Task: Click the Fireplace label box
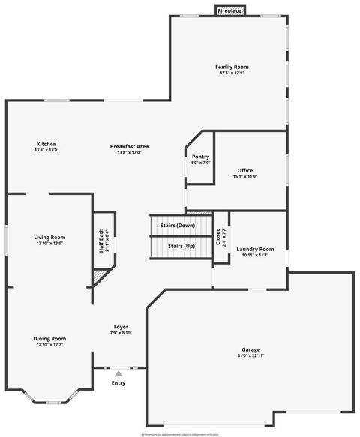coord(229,11)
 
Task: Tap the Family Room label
coord(234,67)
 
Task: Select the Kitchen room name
coord(46,144)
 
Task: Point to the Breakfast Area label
coord(129,146)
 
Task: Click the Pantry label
coord(200,157)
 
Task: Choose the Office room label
coord(245,170)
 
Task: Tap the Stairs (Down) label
coord(177,226)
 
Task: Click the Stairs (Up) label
coord(181,246)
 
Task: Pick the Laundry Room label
coord(255,249)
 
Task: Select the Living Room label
coord(50,238)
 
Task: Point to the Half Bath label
coord(101,241)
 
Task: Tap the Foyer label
coord(121,327)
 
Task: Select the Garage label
coord(250,349)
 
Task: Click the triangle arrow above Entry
coord(118,373)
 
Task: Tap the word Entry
coord(118,383)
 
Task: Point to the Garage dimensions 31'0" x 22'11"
coord(250,355)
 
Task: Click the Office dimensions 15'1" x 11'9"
coord(245,177)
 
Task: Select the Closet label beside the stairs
coord(217,238)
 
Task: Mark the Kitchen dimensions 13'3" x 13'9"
coord(46,151)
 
